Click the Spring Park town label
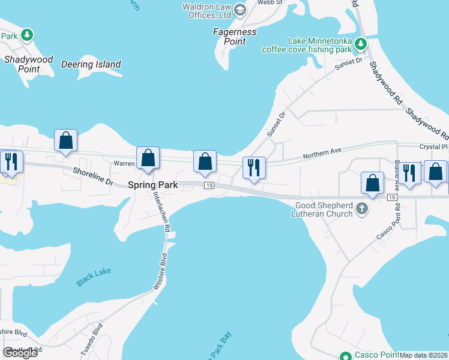(x=153, y=185)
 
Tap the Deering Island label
(x=91, y=64)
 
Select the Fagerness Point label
(x=235, y=37)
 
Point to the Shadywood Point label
(x=28, y=64)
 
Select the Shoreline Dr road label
(x=93, y=176)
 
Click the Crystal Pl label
(x=433, y=146)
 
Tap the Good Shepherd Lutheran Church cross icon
(x=361, y=208)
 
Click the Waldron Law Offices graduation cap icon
(x=240, y=9)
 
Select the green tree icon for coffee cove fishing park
(x=360, y=44)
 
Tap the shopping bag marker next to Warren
(x=148, y=159)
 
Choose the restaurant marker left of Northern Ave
(x=253, y=167)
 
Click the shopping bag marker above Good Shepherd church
(x=373, y=184)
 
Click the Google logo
(x=20, y=353)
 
